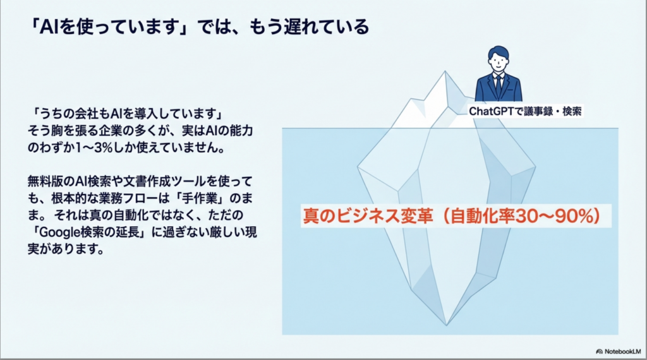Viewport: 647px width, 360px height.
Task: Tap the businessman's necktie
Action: pos(499,86)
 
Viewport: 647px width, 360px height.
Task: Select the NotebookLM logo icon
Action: pos(599,352)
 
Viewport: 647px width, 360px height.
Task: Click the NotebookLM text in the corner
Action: pos(622,352)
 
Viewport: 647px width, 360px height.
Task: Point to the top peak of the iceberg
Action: pos(445,71)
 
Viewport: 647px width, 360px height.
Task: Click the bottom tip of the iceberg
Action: pos(446,325)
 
